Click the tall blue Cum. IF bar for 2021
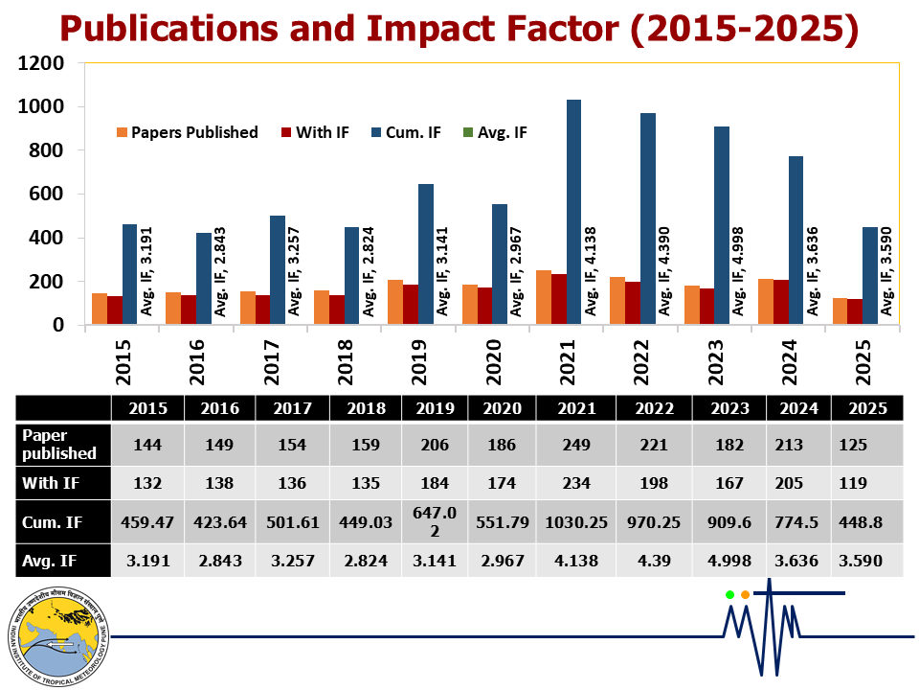[573, 213]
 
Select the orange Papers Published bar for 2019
[395, 303]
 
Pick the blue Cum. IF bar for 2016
[204, 279]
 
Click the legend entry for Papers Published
[188, 132]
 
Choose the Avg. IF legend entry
[494, 132]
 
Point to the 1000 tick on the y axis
[42, 107]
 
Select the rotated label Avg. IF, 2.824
[368, 271]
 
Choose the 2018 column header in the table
[367, 407]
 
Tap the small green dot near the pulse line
[729, 595]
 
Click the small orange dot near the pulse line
[745, 595]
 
